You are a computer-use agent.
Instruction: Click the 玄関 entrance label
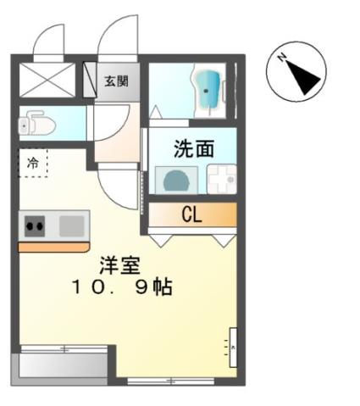click(x=117, y=81)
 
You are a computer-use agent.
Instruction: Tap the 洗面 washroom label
click(x=193, y=150)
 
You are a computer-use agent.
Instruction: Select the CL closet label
click(x=191, y=214)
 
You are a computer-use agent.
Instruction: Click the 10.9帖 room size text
click(x=122, y=287)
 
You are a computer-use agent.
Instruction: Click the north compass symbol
click(x=297, y=74)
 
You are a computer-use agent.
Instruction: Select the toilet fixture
click(x=37, y=125)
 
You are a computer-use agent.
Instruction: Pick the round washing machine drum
click(x=176, y=181)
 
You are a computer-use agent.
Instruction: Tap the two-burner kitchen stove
click(x=35, y=225)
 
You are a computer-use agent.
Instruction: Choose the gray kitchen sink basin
click(x=72, y=225)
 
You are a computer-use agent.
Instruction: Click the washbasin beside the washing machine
click(x=222, y=180)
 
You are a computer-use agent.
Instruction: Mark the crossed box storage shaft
click(x=49, y=81)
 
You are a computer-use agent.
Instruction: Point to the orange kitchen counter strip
click(x=53, y=247)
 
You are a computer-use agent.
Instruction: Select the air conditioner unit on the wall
click(x=231, y=347)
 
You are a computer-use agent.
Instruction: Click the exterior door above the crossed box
click(x=48, y=42)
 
